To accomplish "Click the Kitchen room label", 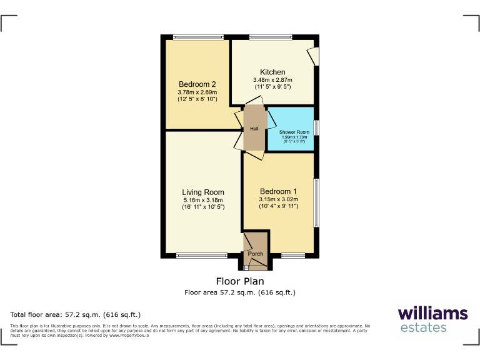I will coord(272,72).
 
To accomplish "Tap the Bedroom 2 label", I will coord(197,85).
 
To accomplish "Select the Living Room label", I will coord(203,192).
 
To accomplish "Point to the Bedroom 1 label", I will coord(278,191).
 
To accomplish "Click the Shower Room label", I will coord(294,132).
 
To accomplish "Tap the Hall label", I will coord(254,129).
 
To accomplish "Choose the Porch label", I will coord(256,254).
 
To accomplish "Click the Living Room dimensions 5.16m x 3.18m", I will coord(203,200).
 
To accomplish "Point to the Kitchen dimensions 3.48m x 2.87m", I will coord(272,80).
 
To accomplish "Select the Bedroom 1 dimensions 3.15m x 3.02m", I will coord(279,200).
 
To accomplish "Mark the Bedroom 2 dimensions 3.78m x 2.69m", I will coord(197,92).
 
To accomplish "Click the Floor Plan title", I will coord(240,281).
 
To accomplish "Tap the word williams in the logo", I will coord(432,313).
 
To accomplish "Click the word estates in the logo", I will coord(422,327).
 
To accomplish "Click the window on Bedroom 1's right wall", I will coord(316,203).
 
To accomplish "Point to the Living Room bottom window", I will coord(202,255).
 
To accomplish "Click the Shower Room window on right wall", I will coord(316,127).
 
